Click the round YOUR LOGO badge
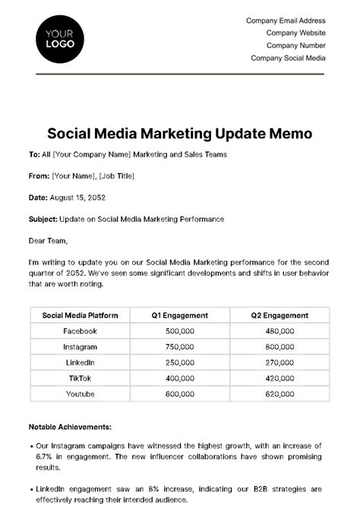(60, 38)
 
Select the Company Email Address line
(286, 21)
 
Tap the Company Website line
(295, 33)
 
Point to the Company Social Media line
(288, 58)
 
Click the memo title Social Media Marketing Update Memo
(180, 134)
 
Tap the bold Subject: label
(44, 219)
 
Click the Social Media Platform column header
(80, 315)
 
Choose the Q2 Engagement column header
(279, 315)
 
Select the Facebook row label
(80, 331)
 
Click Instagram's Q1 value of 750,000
(179, 347)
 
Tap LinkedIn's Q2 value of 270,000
(279, 363)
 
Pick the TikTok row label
(80, 378)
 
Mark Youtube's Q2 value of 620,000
(279, 394)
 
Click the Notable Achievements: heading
(70, 427)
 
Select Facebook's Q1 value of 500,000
(179, 331)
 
